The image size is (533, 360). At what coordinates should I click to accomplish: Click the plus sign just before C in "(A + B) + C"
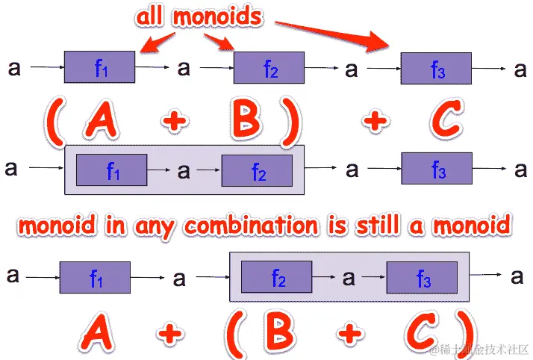(x=375, y=122)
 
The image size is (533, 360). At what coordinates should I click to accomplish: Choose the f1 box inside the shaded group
(x=112, y=171)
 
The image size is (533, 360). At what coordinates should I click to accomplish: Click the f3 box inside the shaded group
(x=422, y=279)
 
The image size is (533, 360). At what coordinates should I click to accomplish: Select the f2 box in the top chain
(x=269, y=68)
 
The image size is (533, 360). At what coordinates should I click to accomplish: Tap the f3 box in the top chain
(x=437, y=68)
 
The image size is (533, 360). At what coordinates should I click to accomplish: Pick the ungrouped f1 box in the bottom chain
(x=95, y=278)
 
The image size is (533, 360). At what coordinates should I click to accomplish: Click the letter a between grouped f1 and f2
(x=183, y=171)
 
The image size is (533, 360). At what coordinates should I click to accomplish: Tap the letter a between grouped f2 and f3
(x=349, y=279)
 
